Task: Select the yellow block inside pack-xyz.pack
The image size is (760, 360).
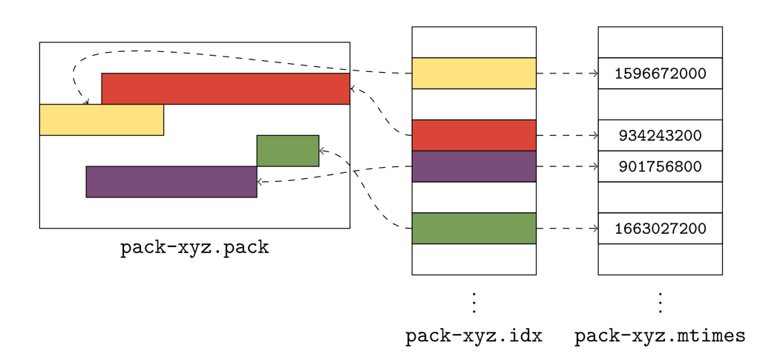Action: (x=101, y=120)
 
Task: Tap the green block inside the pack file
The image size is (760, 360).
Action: (x=288, y=151)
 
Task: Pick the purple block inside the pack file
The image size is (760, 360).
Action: (x=171, y=182)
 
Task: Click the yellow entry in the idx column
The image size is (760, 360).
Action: (x=474, y=73)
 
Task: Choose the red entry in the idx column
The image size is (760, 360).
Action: (x=474, y=135)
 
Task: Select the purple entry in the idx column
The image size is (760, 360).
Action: (x=474, y=166)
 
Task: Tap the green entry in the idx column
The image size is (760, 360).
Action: (x=474, y=229)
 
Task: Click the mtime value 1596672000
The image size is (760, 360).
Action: (x=660, y=74)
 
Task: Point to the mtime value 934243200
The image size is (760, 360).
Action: (x=660, y=136)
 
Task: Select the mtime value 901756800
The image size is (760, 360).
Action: (x=660, y=166)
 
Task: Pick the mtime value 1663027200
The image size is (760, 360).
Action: (x=660, y=229)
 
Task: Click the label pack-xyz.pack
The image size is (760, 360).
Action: (x=194, y=248)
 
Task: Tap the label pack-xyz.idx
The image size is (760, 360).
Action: (x=474, y=336)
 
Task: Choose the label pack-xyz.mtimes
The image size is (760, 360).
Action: (x=660, y=336)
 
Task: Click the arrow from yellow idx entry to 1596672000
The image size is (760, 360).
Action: (x=567, y=73)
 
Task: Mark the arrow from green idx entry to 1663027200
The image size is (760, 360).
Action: (x=567, y=229)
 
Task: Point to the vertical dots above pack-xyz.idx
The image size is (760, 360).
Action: (x=474, y=303)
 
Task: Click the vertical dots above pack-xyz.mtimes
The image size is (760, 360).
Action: (x=660, y=303)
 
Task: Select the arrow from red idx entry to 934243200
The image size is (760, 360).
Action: (x=567, y=136)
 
